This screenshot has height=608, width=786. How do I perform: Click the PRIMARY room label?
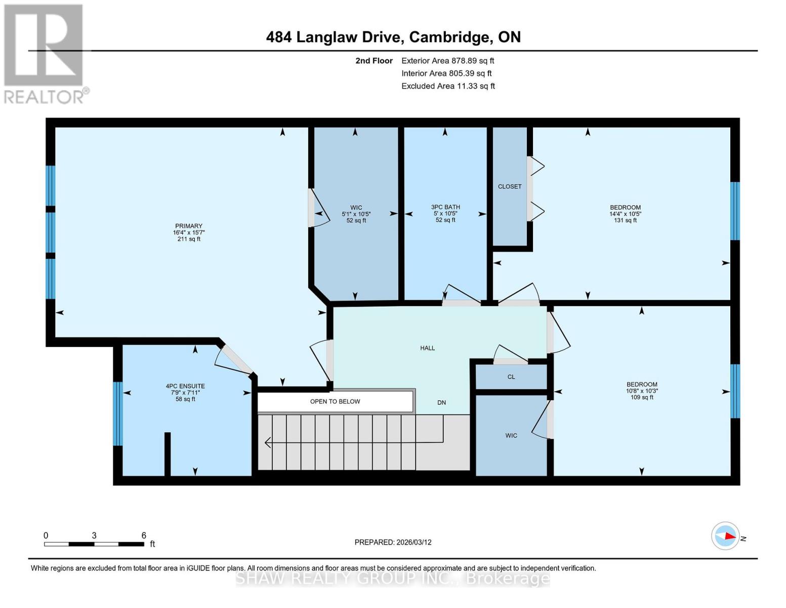pyautogui.click(x=188, y=225)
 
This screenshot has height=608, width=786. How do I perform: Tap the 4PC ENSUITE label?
pyautogui.click(x=185, y=386)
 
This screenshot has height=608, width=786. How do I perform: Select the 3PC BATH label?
pyautogui.click(x=445, y=207)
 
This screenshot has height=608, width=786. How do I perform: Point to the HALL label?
pyautogui.click(x=427, y=348)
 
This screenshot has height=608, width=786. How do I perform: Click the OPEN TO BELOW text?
pyautogui.click(x=335, y=401)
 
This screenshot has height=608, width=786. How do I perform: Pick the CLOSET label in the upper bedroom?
pyautogui.click(x=510, y=186)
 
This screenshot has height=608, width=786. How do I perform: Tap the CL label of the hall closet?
pyautogui.click(x=511, y=377)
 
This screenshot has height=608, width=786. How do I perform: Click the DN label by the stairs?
pyautogui.click(x=441, y=402)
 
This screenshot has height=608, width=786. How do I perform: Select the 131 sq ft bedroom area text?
pyautogui.click(x=625, y=220)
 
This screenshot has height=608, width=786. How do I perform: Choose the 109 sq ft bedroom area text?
pyautogui.click(x=642, y=397)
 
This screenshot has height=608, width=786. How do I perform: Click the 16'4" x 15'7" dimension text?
pyautogui.click(x=188, y=233)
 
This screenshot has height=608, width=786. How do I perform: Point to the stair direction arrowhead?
pyautogui.click(x=268, y=442)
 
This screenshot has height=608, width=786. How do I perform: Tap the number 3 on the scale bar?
pyautogui.click(x=94, y=535)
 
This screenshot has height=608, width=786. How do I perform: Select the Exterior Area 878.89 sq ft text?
pyautogui.click(x=447, y=61)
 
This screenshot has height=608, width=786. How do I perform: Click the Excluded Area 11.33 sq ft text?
pyautogui.click(x=448, y=86)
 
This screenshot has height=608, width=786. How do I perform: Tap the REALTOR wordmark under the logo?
pyautogui.click(x=44, y=97)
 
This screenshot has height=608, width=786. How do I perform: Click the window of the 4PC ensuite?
pyautogui.click(x=118, y=413)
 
